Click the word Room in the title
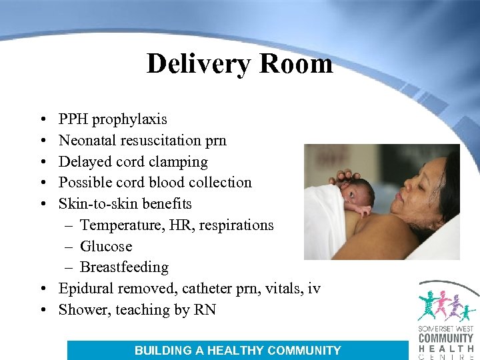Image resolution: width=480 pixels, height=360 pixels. [297, 64]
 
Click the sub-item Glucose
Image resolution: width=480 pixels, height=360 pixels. [106, 247]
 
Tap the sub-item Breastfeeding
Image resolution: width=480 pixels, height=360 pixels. [124, 268]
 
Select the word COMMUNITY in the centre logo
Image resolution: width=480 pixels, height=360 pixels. [445, 338]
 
